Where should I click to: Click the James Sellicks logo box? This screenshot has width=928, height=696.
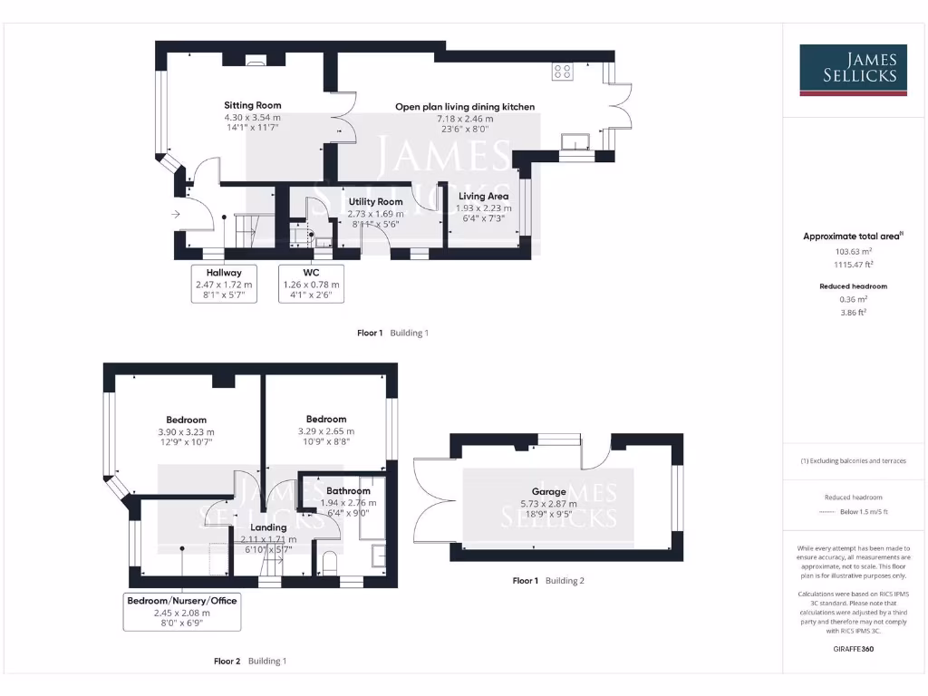coord(853,70)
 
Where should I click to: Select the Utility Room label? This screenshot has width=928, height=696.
coord(375,201)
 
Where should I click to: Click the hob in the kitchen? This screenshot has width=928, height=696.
coord(562,72)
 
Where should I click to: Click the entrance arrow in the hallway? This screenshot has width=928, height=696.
coord(173,214)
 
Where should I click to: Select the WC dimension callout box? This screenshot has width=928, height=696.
coord(311,284)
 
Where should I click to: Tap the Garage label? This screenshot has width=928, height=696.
coord(549,492)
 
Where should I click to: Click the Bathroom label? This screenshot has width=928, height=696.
coord(348,490)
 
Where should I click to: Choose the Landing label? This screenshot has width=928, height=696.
coord(269,527)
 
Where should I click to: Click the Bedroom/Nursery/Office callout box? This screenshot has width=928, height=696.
coord(182,612)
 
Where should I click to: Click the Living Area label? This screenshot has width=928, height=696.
coord(483,196)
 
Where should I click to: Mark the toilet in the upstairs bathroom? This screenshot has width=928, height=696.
coord(329,561)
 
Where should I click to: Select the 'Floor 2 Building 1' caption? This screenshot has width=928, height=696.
coord(250,661)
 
